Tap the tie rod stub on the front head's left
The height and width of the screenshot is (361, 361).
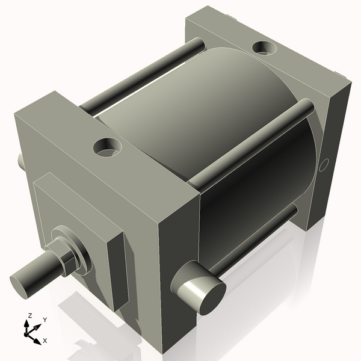20,161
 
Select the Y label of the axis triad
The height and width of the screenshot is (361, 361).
45,321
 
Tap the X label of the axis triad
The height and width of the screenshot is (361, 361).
45,341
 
